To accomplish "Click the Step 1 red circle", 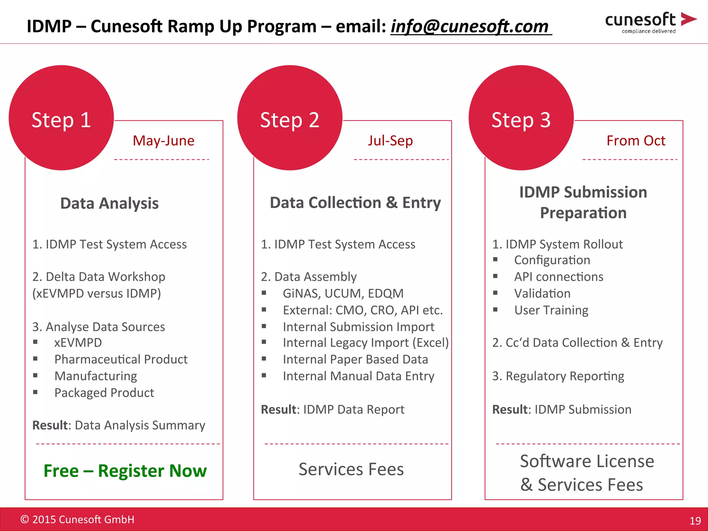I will point(61,118).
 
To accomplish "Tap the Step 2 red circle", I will point(290,118).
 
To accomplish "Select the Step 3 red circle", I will point(521,118).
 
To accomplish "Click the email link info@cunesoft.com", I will point(470,26).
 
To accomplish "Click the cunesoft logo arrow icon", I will point(688,19).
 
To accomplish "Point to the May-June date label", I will point(164,141).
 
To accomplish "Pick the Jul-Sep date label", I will point(390,141).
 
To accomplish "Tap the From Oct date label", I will point(636,141).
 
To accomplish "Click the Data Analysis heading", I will point(109,203).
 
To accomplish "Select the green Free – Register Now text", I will point(125,471).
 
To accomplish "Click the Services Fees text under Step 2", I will point(351,469).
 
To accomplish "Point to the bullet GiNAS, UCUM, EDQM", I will point(343,293).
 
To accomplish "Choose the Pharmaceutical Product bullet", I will point(121,359).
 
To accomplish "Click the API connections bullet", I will point(558,277).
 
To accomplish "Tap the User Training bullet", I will point(551,310).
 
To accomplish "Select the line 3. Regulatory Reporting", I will point(558,376).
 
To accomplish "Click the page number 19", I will point(695,521).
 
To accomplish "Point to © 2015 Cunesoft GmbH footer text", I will point(77,519).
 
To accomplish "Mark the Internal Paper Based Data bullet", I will point(355,359).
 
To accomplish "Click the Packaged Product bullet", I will point(104,393).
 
